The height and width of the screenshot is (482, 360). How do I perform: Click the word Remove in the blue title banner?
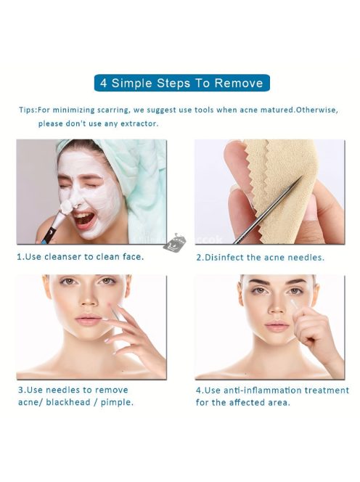tap(239, 83)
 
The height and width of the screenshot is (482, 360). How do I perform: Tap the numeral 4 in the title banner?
tap(104, 83)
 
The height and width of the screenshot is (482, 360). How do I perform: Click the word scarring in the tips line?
tap(113, 110)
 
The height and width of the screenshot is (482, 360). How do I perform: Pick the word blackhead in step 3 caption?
tap(68, 402)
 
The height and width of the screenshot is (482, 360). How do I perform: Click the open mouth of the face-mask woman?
tap(83, 218)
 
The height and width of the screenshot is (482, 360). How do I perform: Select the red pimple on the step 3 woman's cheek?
tap(109, 304)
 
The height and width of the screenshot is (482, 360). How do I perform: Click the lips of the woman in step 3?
tap(88, 320)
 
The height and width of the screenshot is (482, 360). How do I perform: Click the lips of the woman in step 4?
tap(277, 326)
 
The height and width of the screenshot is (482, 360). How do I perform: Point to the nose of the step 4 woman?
tap(275, 306)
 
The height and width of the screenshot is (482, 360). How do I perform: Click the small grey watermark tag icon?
tap(174, 243)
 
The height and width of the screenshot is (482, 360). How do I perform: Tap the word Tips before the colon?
tap(28, 110)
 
